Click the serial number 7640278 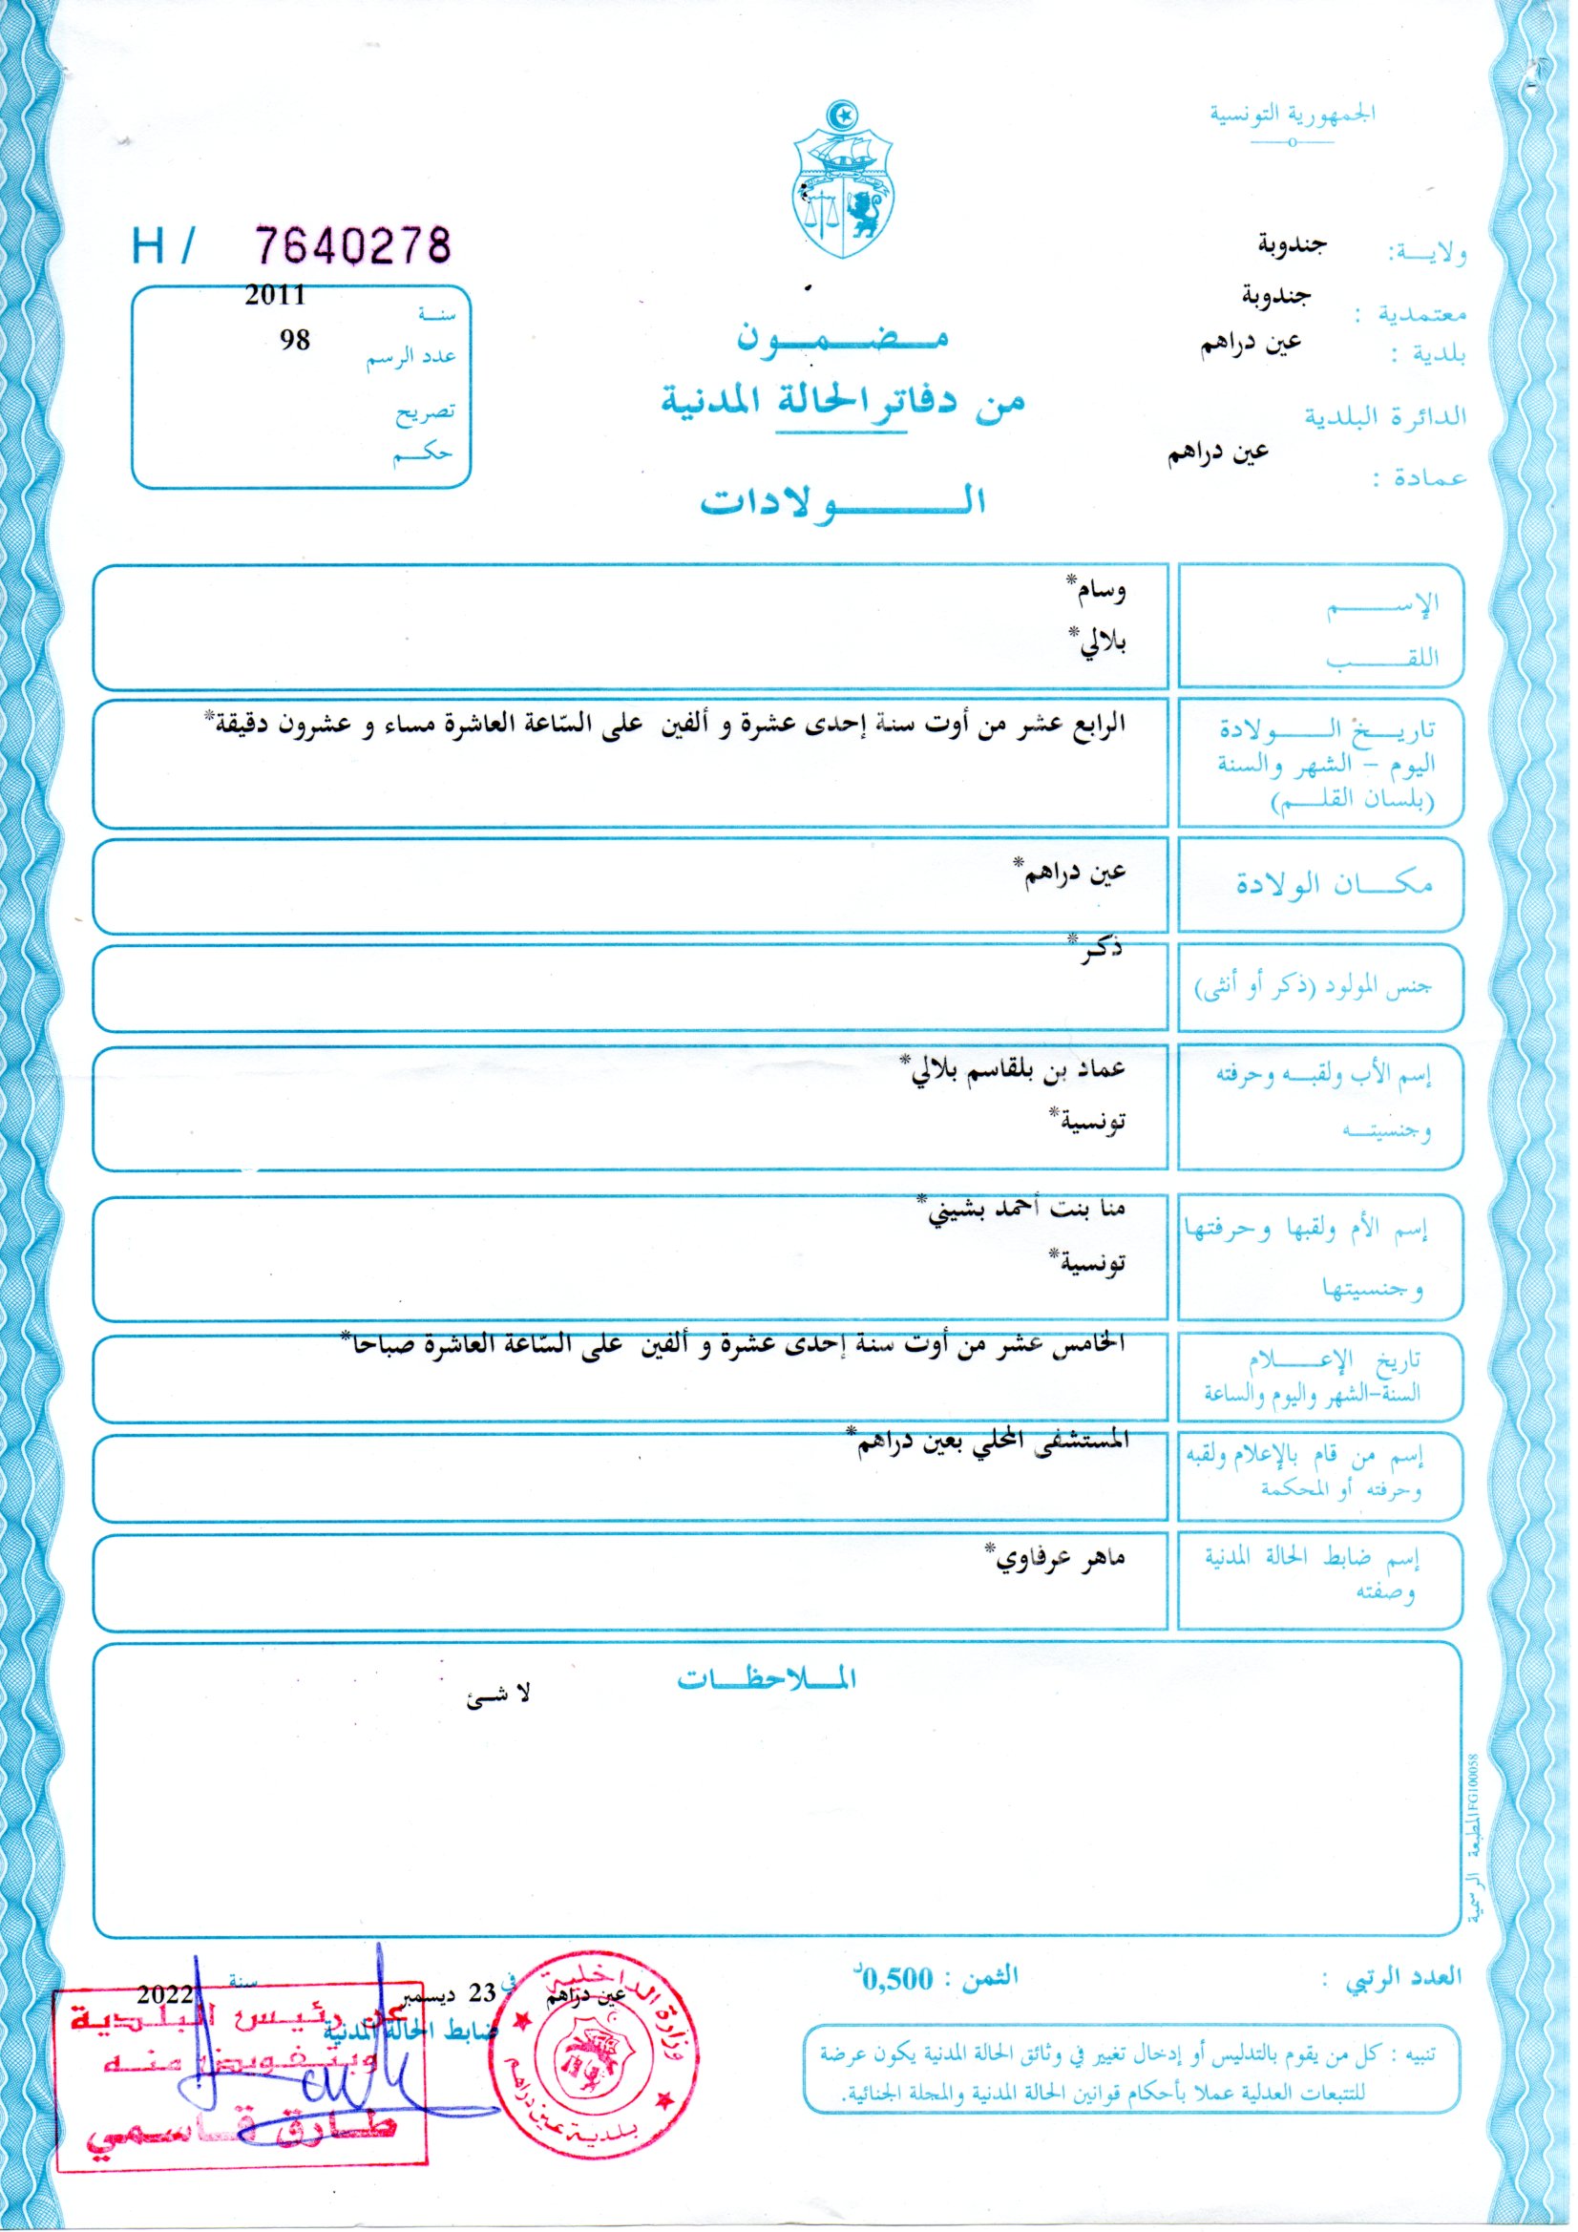click(354, 245)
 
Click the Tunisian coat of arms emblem click(842, 179)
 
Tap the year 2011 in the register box click(275, 296)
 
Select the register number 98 click(294, 339)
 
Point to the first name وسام click(1100, 589)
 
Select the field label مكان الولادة click(1333, 885)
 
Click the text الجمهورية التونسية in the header click(1293, 114)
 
